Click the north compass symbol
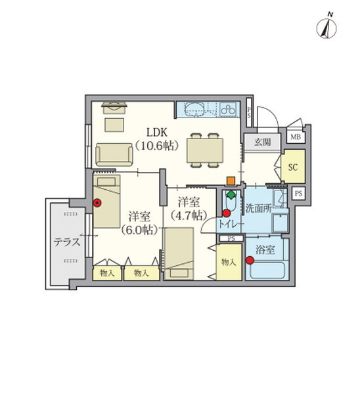point(326,28)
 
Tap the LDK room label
point(157,132)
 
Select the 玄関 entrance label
point(263,142)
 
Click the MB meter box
point(296,137)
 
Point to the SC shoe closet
point(293,167)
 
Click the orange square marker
point(231,181)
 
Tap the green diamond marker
point(231,194)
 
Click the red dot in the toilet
point(227,213)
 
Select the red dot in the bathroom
point(250,261)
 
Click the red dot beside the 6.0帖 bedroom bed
point(97,203)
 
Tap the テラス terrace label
point(67,242)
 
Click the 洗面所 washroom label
point(259,208)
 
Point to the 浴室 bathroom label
point(265,250)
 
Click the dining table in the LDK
point(205,150)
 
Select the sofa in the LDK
point(114,154)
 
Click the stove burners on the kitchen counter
point(228,109)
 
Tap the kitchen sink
point(195,109)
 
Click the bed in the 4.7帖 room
point(179,253)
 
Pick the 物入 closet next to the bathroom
point(229,262)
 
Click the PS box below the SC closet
point(298,194)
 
